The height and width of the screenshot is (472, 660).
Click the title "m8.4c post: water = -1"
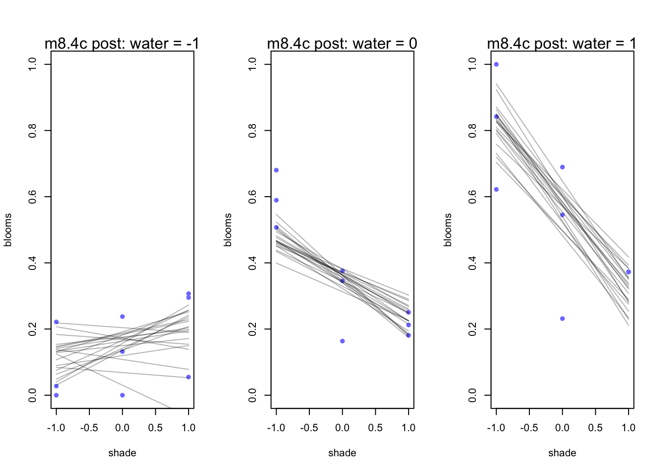click(122, 44)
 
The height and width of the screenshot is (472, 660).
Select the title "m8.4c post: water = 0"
click(342, 44)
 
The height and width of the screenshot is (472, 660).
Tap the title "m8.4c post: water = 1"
click(561, 44)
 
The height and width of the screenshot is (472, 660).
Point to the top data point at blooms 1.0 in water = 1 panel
click(496, 64)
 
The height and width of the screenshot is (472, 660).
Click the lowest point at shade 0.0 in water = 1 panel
click(562, 319)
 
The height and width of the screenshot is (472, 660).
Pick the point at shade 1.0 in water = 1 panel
click(629, 272)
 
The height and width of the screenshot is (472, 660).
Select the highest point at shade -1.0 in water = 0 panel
click(276, 170)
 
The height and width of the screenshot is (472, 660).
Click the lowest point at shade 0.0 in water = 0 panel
click(342, 341)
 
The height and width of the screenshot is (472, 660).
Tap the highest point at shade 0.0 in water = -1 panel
click(122, 317)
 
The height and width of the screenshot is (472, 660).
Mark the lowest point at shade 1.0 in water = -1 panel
click(189, 377)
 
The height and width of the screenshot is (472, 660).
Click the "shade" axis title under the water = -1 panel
click(122, 453)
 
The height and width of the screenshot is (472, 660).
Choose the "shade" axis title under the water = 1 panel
click(562, 453)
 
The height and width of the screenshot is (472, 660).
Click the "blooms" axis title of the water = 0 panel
click(228, 230)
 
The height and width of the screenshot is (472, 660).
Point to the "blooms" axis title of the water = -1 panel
click(8, 230)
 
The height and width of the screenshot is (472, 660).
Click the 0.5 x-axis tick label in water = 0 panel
click(375, 428)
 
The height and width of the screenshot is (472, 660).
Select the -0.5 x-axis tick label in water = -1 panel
click(89, 428)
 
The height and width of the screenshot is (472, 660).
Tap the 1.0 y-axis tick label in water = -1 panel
click(33, 64)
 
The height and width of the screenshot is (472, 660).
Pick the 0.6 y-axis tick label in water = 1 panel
click(473, 197)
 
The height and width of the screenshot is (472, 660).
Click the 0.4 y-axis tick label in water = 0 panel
click(253, 263)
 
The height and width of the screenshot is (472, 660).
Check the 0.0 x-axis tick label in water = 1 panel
click(562, 428)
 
